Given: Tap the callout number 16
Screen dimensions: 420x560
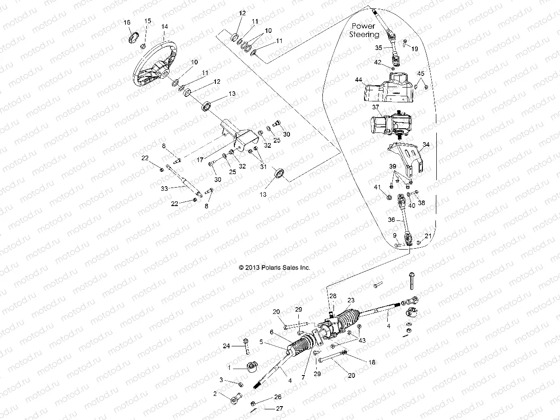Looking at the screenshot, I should pos(127,22).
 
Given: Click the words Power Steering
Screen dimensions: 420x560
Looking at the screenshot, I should pos(364,30).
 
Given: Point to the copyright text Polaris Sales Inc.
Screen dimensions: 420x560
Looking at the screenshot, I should pos(274,268).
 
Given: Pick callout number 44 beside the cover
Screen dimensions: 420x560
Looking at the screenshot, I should pos(358,80).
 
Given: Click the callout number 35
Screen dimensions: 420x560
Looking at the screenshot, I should pos(379,48).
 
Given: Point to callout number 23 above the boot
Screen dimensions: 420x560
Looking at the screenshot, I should pos(351,300).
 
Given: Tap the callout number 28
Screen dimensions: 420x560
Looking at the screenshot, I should pos(333,295).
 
